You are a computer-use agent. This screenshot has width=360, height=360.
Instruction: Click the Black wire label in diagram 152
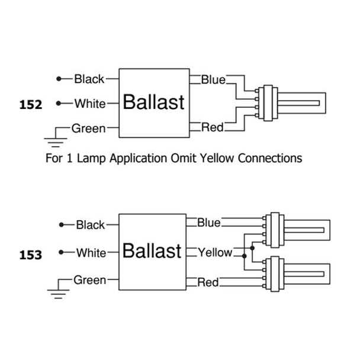[x=89, y=79]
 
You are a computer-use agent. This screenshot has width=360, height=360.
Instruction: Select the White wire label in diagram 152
[x=90, y=104]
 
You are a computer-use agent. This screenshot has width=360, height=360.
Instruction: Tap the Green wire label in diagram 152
[x=88, y=128]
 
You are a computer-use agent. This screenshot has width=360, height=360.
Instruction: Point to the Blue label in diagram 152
[x=213, y=79]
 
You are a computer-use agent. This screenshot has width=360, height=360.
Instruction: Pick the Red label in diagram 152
[x=212, y=127]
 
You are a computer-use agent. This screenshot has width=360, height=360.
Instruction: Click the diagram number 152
[x=31, y=105]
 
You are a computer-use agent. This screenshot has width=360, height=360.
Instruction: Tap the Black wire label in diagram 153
[x=90, y=225]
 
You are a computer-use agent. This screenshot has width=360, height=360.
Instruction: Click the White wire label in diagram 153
[x=91, y=253]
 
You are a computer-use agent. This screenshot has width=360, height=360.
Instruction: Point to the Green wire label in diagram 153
[x=89, y=279]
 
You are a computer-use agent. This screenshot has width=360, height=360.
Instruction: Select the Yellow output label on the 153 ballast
[x=215, y=253]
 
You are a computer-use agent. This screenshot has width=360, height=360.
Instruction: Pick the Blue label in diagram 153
[x=209, y=223]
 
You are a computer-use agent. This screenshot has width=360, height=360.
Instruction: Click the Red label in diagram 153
[x=207, y=282]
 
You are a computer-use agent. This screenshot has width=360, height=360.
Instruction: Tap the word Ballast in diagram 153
[x=152, y=251]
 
